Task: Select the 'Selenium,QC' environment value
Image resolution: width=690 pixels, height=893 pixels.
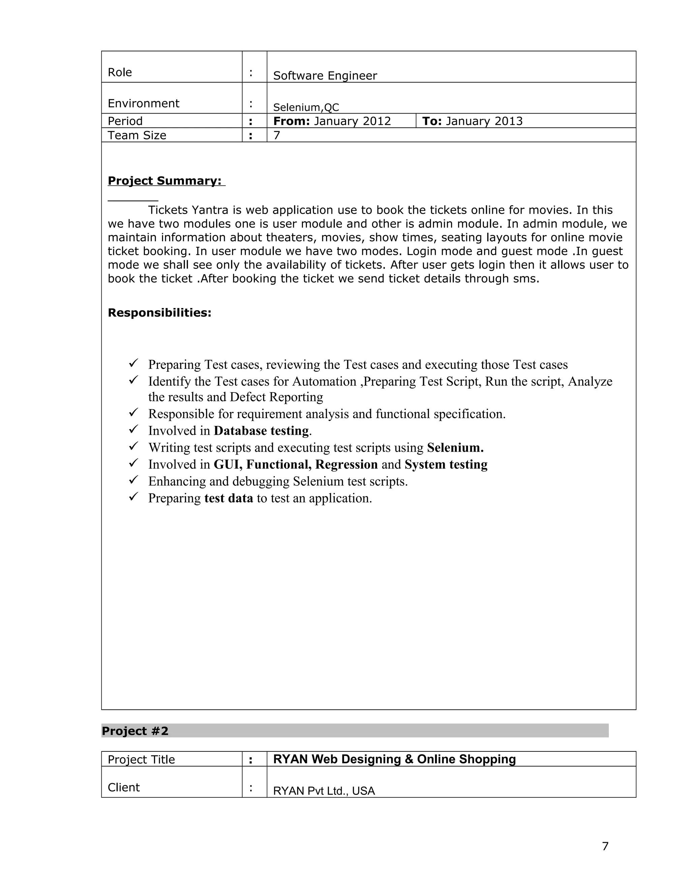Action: coord(306,107)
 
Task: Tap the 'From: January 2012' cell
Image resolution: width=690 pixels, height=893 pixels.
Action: coord(332,121)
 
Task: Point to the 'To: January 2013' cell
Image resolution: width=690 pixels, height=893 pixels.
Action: coord(472,121)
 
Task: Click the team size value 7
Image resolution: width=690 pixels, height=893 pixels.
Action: coord(277,135)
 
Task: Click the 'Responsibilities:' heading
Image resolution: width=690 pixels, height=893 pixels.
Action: coord(159,313)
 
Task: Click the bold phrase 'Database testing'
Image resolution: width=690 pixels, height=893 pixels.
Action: coord(261,431)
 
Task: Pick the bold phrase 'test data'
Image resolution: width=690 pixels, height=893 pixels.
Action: coord(228,498)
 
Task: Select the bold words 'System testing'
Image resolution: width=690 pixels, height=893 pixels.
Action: coord(446,464)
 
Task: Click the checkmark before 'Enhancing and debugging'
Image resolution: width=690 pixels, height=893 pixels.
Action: coord(134,480)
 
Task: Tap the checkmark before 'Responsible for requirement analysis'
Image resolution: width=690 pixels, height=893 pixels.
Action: coord(134,412)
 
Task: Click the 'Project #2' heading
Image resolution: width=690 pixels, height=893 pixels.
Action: coord(135,731)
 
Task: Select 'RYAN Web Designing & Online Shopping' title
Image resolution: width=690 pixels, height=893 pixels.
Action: coord(394,759)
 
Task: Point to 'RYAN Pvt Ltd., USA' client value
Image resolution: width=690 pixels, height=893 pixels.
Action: coord(324,791)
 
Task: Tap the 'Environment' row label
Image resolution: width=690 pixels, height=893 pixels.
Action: coord(143,103)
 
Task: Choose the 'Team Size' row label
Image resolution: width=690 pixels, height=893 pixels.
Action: coord(136,135)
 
